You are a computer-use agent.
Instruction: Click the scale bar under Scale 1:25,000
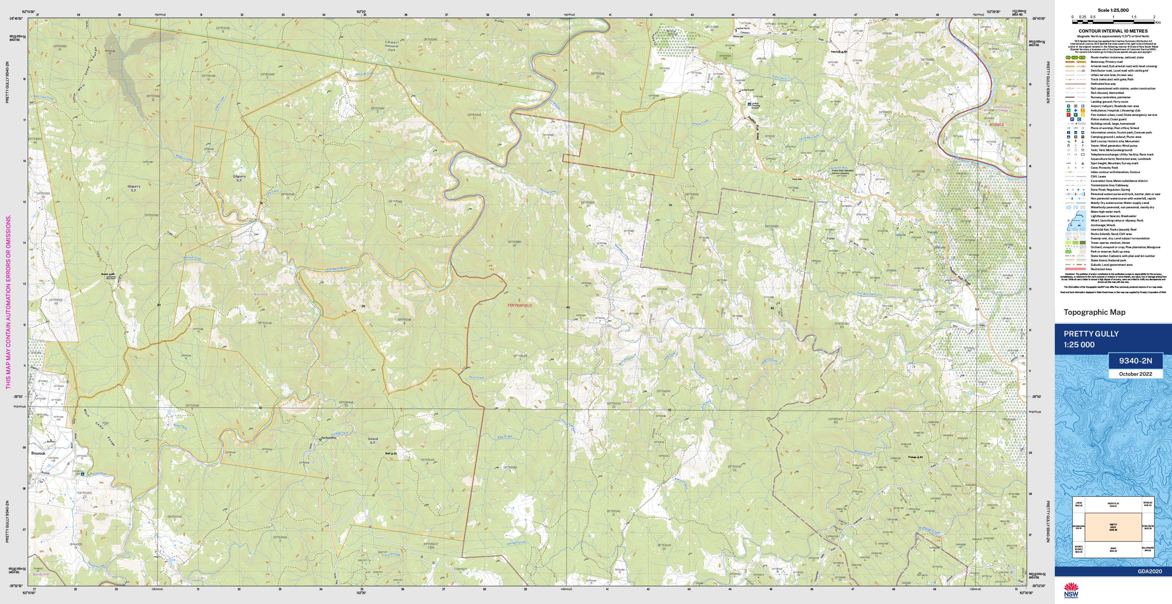(1113, 21)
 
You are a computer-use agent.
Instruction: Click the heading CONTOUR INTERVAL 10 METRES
(1113, 31)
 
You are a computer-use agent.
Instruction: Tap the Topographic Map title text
(1094, 312)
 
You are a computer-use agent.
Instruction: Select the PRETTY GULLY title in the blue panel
(1091, 334)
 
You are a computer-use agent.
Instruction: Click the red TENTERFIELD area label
(519, 305)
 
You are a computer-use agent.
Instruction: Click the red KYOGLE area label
(996, 124)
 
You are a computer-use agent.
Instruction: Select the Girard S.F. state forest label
(372, 441)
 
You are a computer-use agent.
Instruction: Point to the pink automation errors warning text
(8, 302)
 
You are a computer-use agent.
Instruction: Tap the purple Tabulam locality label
(891, 285)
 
